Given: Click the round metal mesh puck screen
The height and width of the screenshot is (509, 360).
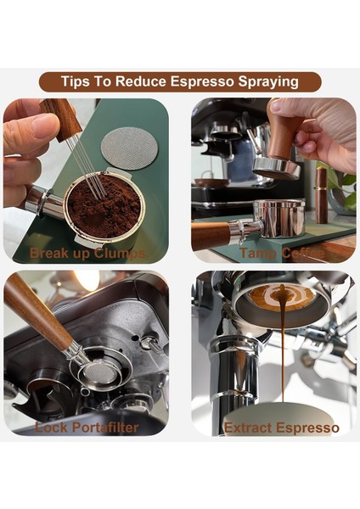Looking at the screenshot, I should [x=129, y=148].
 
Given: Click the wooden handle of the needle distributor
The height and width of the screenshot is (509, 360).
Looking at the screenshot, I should [x=62, y=120].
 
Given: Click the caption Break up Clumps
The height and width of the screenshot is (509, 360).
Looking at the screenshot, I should [x=87, y=253].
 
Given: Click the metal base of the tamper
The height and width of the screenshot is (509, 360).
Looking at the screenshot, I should [x=277, y=166].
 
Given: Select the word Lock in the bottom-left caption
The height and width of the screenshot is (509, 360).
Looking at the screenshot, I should [x=50, y=427].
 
